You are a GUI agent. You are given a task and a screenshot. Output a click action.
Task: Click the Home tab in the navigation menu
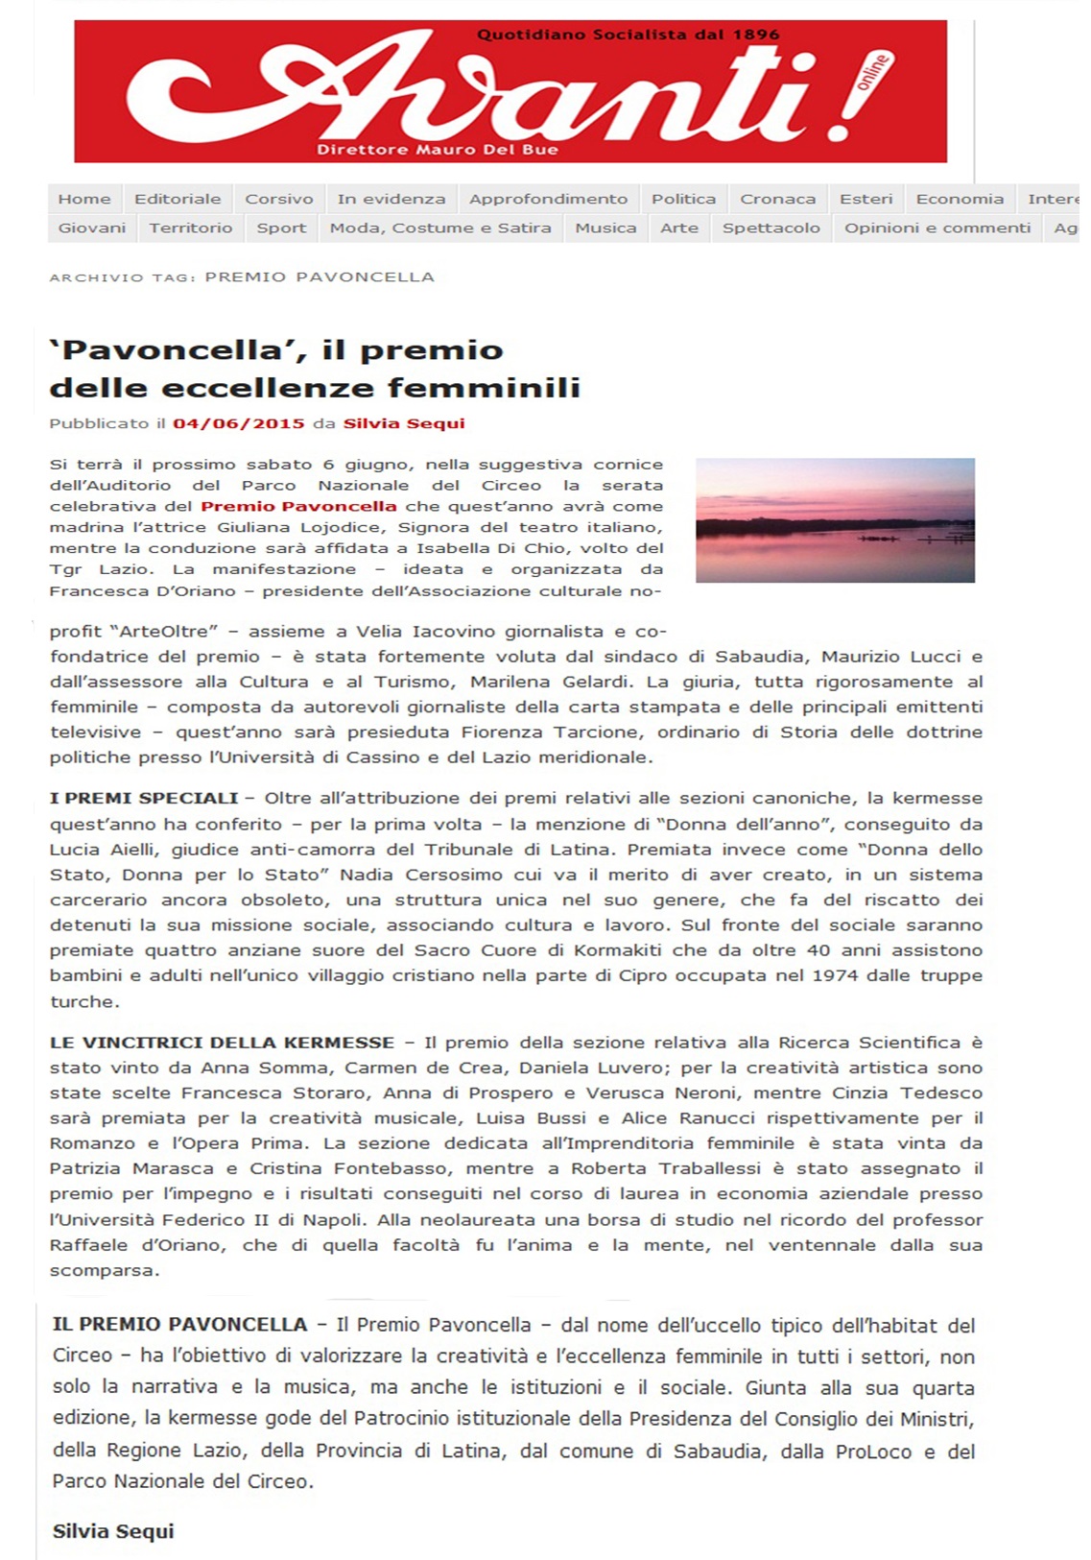84,199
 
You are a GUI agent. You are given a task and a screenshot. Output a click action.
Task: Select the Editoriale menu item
178,199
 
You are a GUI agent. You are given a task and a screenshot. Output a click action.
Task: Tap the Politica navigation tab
683,199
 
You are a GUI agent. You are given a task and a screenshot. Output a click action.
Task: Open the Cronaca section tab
777,199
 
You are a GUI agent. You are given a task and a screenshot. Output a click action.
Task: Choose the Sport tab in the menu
281,228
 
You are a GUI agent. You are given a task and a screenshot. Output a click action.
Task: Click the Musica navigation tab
605,228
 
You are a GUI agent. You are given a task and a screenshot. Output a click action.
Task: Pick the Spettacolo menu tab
771,228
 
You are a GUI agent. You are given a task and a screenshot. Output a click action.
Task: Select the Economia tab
960,199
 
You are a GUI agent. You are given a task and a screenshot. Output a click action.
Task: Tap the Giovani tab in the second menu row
92,228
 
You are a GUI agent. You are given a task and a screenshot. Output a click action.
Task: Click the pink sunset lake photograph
835,520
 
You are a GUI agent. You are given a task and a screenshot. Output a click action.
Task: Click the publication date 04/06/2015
239,423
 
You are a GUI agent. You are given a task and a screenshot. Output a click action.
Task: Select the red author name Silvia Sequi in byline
404,423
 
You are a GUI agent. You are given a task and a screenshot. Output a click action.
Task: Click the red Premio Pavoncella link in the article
298,506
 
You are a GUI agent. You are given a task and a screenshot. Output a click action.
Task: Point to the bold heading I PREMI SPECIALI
144,798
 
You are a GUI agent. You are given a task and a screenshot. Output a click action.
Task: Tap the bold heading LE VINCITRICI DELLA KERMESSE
222,1043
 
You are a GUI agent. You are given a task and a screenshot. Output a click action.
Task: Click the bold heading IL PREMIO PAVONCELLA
179,1325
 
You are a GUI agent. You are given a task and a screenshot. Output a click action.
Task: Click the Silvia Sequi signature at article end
113,1531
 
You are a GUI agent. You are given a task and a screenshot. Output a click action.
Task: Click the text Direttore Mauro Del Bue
438,150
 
